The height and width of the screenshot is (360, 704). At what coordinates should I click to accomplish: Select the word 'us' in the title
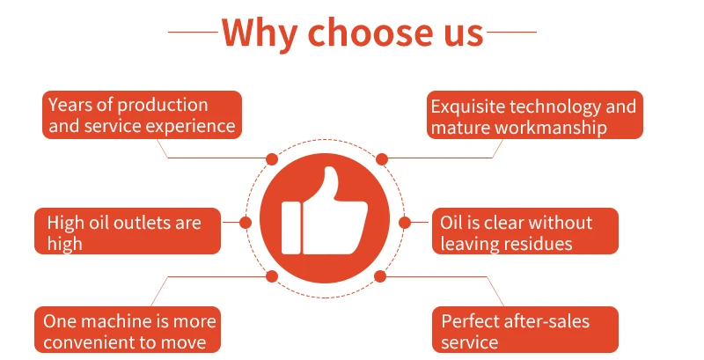tap(460, 33)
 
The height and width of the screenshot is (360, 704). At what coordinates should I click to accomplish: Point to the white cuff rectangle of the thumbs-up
tap(292, 226)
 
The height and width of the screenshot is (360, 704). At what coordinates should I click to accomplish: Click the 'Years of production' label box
tap(142, 115)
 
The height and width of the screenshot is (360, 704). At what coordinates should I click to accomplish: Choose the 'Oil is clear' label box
tap(524, 232)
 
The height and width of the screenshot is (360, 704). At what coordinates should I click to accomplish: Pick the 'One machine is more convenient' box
tap(128, 330)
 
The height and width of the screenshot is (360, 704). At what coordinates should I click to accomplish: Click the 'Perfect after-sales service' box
tap(524, 331)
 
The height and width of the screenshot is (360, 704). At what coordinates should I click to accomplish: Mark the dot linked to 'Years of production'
tap(272, 159)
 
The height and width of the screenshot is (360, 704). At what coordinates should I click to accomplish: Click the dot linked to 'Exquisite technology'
tap(381, 159)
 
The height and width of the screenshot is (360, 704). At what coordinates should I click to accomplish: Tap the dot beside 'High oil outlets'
tap(246, 223)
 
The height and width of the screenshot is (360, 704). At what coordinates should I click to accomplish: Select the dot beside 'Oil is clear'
tap(406, 223)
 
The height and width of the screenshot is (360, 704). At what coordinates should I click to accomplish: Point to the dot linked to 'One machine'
tap(272, 276)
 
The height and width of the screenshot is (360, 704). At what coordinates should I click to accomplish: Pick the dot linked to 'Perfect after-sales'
tap(380, 276)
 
